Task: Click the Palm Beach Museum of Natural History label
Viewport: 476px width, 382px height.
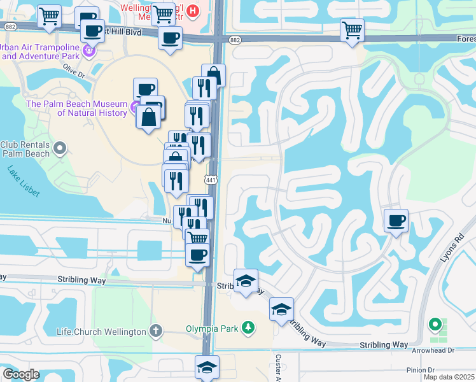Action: point(77,108)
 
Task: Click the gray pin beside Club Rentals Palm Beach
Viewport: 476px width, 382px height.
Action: point(60,149)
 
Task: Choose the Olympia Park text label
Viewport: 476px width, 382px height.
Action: point(212,329)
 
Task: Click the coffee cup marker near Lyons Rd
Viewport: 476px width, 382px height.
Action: point(396,221)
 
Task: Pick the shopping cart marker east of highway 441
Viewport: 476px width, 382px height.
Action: point(352,30)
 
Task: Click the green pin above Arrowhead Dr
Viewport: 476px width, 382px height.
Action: point(435,325)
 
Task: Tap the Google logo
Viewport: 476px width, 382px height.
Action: point(21,374)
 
